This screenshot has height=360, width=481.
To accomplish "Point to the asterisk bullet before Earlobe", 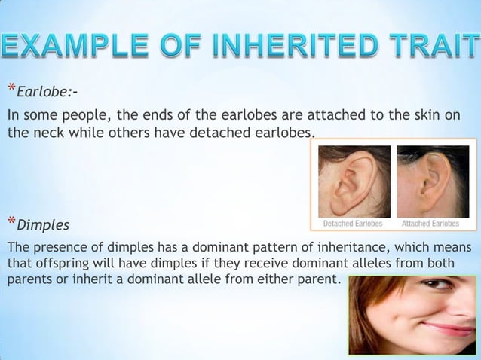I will click(11, 90).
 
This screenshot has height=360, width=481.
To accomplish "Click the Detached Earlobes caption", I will click(353, 224).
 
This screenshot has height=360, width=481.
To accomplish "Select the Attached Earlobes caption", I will click(430, 224).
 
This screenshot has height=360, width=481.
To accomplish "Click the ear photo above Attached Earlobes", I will click(433, 182).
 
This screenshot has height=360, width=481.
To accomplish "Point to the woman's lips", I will click(449, 328).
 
